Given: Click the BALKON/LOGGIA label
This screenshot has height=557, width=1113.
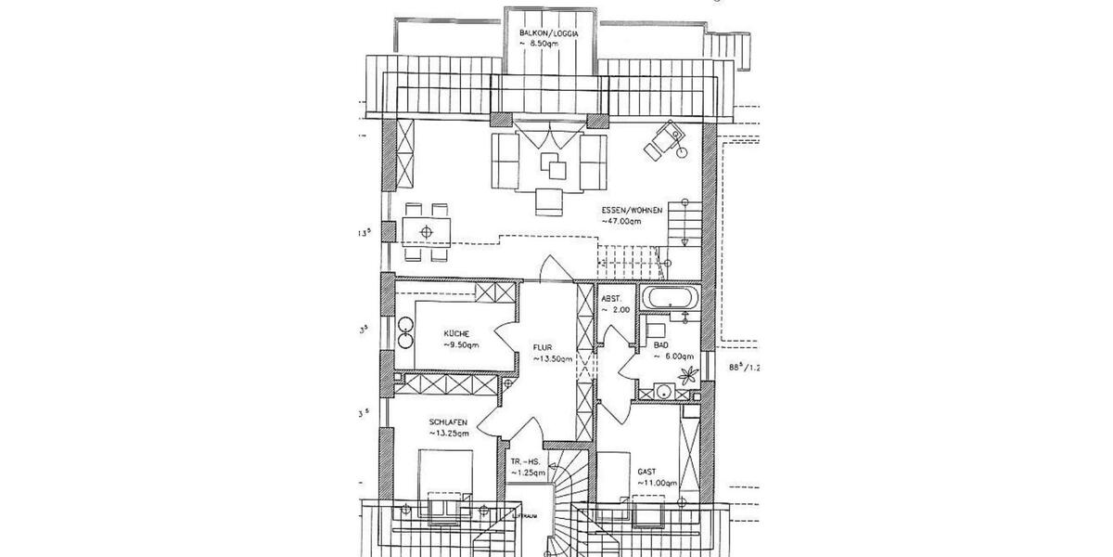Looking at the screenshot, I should click(550, 32).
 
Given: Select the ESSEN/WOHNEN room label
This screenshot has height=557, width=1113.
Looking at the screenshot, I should click(631, 212).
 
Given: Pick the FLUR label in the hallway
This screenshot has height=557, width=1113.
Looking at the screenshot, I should click(543, 349).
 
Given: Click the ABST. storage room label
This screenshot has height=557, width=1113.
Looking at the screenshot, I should click(612, 299).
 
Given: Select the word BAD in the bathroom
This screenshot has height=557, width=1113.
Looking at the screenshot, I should click(661, 343).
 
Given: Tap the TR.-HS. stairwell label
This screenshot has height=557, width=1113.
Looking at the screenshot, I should click(525, 461).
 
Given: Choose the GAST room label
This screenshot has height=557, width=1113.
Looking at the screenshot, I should click(646, 472).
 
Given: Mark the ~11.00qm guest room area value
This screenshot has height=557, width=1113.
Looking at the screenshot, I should click(658, 484).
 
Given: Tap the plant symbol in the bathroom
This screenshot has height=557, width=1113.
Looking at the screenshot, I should click(688, 376).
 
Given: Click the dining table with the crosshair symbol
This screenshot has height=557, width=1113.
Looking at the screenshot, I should click(427, 230).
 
